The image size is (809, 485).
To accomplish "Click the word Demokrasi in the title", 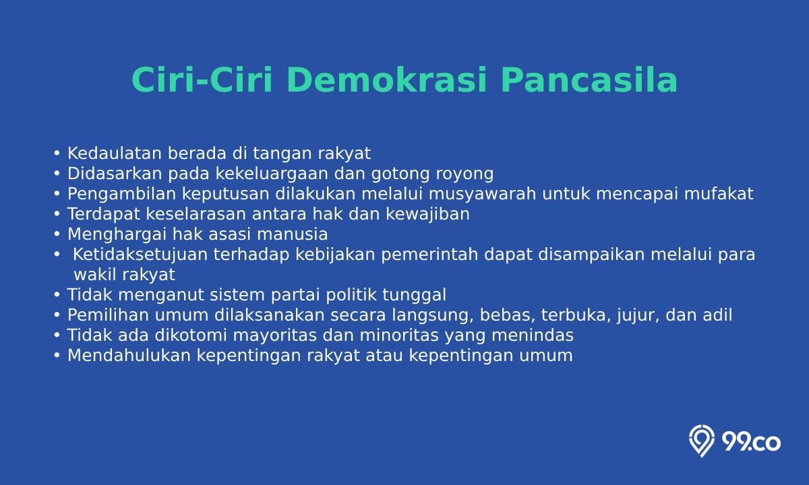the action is [386, 80].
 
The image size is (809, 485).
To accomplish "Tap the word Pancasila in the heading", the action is [589, 80].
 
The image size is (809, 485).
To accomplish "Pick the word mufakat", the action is [719, 194].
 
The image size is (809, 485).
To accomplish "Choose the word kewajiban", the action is [427, 214].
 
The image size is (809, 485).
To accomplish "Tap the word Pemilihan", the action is [109, 315].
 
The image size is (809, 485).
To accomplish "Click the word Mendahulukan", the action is [129, 356].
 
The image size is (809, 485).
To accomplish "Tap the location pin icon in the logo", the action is [701, 441].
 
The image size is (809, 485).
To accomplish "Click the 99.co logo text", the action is [751, 442].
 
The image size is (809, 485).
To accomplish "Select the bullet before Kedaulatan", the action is [57, 154].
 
